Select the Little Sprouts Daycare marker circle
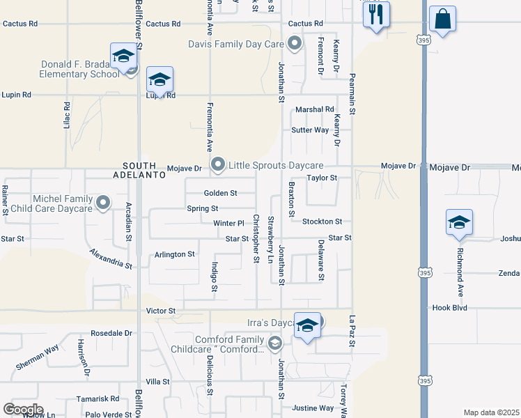(x=218, y=165)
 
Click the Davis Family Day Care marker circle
(x=295, y=45)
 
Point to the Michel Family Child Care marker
(x=103, y=203)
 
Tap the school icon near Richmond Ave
(x=459, y=223)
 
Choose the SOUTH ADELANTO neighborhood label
(x=144, y=170)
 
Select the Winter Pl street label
(x=229, y=224)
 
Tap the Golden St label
(x=220, y=193)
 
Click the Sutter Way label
(x=310, y=130)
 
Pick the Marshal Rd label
(x=314, y=109)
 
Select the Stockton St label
(x=322, y=222)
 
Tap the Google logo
(x=23, y=409)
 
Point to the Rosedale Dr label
(x=111, y=333)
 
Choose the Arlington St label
(x=174, y=254)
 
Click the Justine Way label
(x=313, y=408)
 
